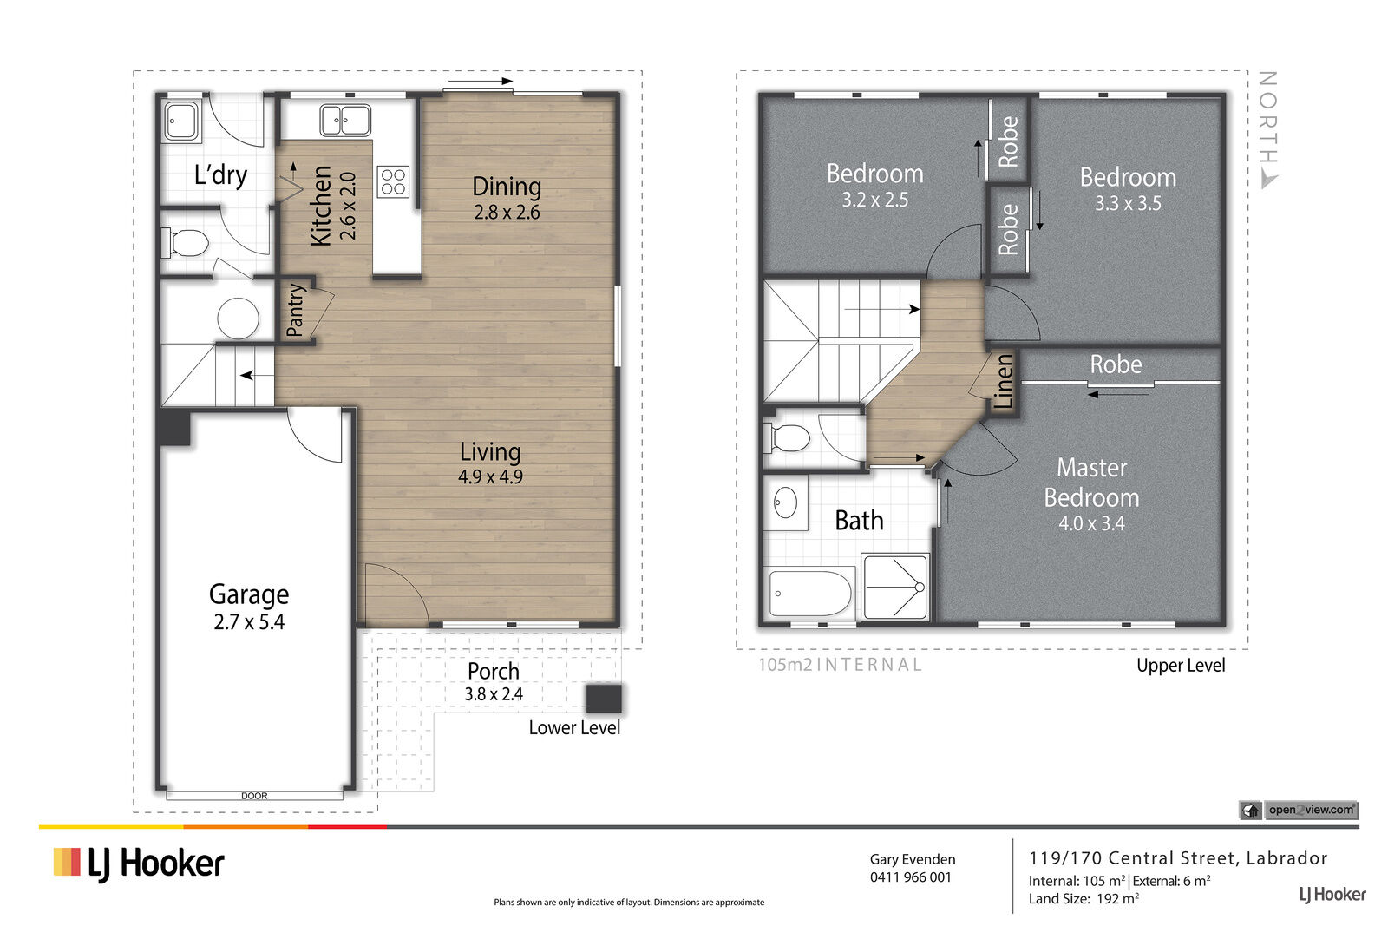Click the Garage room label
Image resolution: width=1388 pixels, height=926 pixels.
click(x=249, y=595)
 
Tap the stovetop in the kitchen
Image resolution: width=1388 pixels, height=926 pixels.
click(x=393, y=182)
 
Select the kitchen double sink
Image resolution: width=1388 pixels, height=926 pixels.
click(x=346, y=120)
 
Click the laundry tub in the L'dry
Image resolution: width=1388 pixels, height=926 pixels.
click(x=181, y=121)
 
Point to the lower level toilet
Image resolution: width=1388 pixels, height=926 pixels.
click(x=185, y=242)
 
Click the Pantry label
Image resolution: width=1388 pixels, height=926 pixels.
click(x=296, y=310)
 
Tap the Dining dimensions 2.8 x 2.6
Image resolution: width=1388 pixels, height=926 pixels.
click(x=507, y=213)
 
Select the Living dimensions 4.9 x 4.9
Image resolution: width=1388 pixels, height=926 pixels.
click(x=490, y=476)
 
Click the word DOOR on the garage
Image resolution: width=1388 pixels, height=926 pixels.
click(x=254, y=796)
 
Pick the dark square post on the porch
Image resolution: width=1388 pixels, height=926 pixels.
click(x=604, y=699)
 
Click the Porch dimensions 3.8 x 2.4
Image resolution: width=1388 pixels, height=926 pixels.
click(x=494, y=694)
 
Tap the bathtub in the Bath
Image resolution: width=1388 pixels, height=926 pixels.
click(x=810, y=593)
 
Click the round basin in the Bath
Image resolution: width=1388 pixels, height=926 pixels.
click(x=785, y=502)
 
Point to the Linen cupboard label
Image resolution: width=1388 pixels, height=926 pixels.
click(x=1004, y=382)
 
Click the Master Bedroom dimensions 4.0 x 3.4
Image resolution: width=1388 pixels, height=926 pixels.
click(x=1091, y=523)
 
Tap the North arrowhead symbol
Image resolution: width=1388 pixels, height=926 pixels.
click(x=1268, y=181)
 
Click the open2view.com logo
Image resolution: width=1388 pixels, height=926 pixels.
click(x=1298, y=810)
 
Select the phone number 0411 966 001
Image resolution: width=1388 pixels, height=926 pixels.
click(x=910, y=877)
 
